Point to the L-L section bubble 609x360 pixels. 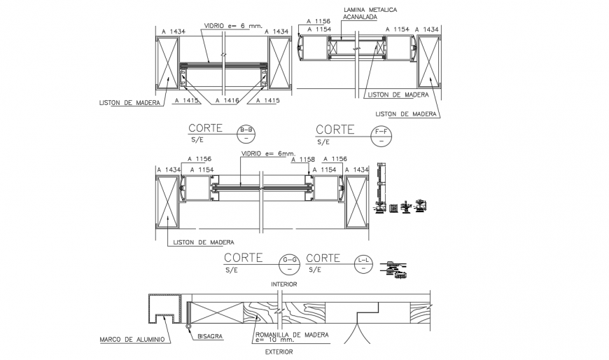364,262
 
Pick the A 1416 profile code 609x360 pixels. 227,101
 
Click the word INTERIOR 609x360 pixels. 283,284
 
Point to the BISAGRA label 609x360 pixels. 210,336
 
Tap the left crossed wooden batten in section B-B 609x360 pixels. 168,64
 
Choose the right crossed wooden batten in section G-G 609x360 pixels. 357,202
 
